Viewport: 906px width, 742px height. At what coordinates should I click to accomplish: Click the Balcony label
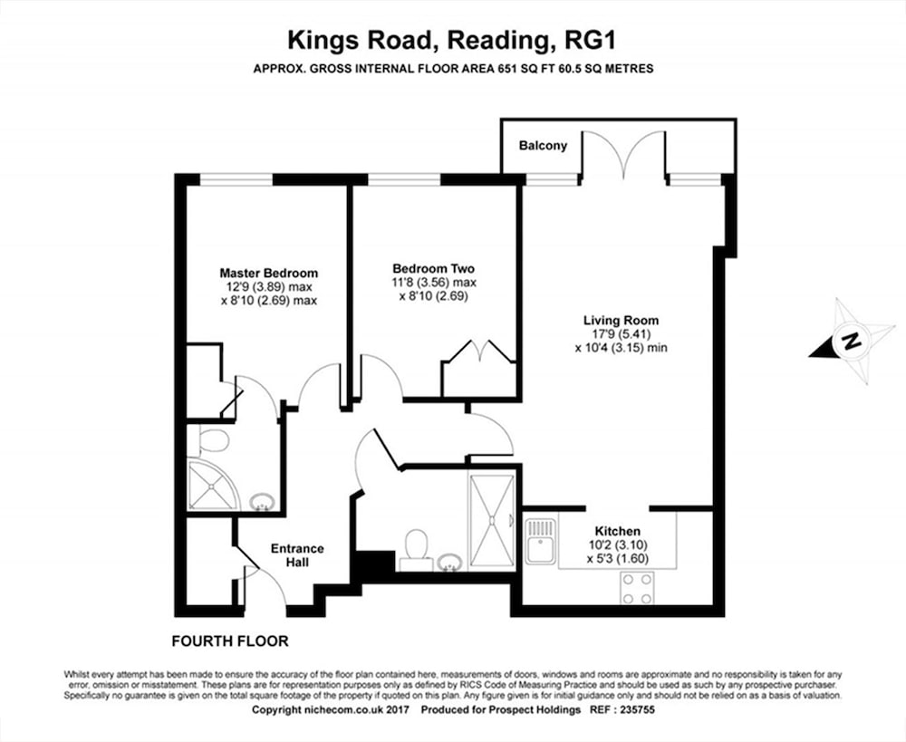[543, 146]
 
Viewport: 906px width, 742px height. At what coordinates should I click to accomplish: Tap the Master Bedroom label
[269, 273]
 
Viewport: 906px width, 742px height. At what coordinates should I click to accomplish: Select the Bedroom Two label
[433, 269]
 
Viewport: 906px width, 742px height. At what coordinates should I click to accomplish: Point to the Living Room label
[622, 320]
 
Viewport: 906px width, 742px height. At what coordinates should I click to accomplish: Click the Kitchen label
[618, 531]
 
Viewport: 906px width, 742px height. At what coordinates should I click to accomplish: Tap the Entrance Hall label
[297, 555]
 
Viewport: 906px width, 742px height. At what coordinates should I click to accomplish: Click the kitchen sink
[541, 541]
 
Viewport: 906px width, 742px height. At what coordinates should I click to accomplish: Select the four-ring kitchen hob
[637, 588]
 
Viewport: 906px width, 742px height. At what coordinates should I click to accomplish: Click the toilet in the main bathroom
[416, 546]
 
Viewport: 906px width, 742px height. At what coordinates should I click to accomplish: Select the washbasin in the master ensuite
[261, 502]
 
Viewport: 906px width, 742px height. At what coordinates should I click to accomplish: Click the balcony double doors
[624, 154]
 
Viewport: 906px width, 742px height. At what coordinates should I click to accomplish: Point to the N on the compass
[850, 341]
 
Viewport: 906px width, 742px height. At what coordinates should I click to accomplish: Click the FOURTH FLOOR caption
[230, 641]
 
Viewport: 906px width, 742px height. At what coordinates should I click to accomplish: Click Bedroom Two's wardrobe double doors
[479, 352]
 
